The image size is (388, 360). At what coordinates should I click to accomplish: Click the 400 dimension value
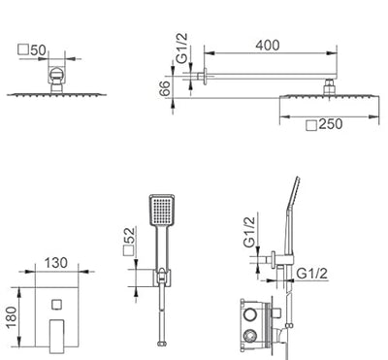coord(268,45)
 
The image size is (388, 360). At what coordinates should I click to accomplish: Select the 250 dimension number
coord(331,124)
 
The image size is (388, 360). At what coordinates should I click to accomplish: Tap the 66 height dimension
coord(165,88)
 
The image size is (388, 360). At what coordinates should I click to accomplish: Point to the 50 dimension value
coord(39,50)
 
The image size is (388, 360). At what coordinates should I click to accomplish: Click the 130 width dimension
coord(56,263)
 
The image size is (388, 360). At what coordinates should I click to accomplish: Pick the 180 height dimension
coord(11,317)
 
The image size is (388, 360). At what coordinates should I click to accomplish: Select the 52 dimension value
coord(129,236)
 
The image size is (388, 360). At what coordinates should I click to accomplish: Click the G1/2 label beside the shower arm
coord(182,48)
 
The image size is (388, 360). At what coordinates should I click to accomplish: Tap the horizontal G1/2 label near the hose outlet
coord(312,274)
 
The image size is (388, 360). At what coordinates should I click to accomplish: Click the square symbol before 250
coord(311,125)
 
